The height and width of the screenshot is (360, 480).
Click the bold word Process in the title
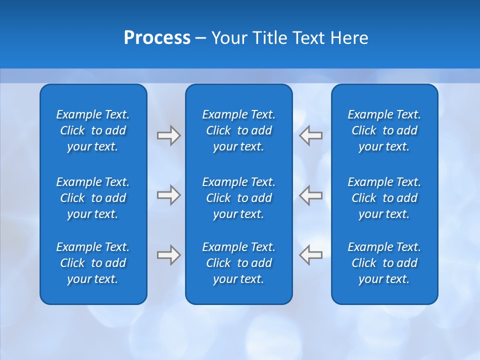157,38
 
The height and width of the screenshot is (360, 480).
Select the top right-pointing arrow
168,135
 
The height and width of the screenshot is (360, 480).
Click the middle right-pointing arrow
168,195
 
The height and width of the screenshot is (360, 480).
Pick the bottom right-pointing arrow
168,255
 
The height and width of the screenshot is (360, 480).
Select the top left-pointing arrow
311,135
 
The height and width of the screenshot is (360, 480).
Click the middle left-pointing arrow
311,195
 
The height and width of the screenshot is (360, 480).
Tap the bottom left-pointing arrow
311,255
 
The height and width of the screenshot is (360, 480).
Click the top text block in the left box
93,130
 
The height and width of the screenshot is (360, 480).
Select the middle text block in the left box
93,198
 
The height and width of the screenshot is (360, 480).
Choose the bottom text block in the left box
93,263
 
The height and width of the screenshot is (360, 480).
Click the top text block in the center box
238,130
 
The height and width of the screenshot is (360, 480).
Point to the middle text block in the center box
238,198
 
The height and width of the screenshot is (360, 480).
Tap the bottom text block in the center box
238,263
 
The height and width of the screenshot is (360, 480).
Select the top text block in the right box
384,130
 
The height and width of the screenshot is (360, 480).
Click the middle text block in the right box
384,198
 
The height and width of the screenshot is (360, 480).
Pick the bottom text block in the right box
384,263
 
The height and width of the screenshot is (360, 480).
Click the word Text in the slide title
308,38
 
